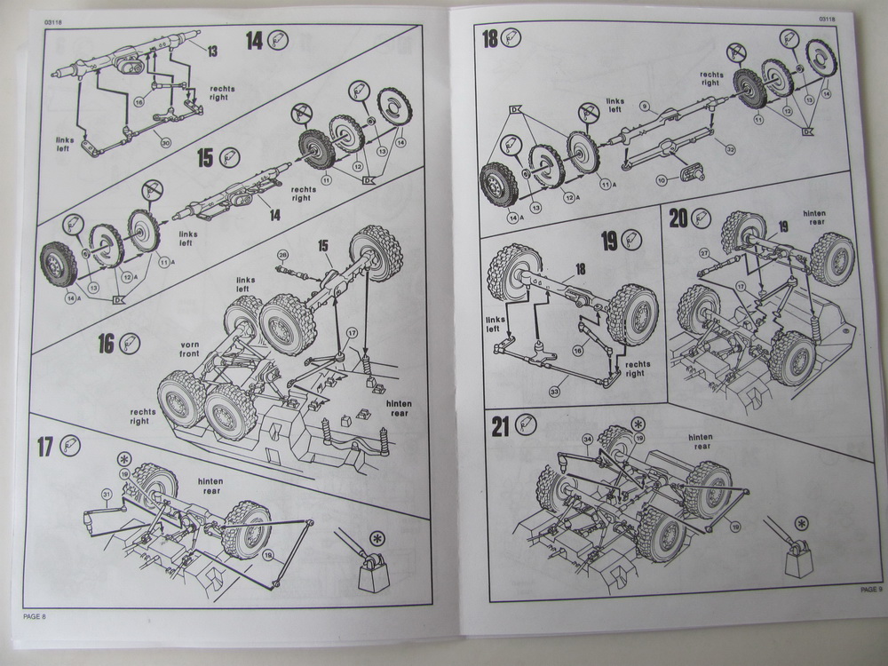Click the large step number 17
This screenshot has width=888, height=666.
(45, 447)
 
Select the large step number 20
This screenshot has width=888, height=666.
(678, 218)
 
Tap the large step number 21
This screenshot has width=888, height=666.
(501, 427)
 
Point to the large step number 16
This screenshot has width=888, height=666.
(107, 344)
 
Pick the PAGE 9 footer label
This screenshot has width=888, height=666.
(871, 588)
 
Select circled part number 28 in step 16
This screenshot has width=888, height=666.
(283, 256)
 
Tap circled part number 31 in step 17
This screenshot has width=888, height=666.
(107, 494)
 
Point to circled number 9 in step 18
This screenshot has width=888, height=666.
(645, 106)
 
